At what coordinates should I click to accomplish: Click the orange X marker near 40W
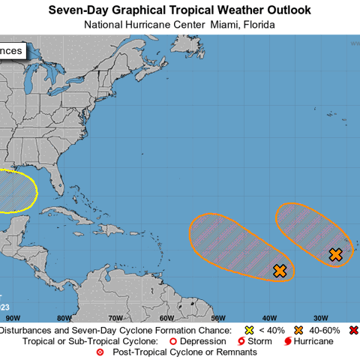coord(280,271)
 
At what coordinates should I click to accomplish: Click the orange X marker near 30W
coord(335,255)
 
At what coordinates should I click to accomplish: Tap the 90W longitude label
coord(13,318)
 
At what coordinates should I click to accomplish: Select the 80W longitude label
coord(64,318)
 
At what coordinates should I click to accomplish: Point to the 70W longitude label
coord(115,318)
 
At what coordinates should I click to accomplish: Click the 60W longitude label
coord(166,318)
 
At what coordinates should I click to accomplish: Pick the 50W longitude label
coord(217,318)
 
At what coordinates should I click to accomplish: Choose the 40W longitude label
coord(268,318)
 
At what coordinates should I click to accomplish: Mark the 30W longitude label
coord(320,318)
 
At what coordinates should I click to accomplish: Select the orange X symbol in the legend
coord(298,330)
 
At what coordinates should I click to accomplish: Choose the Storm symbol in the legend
coord(241,341)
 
